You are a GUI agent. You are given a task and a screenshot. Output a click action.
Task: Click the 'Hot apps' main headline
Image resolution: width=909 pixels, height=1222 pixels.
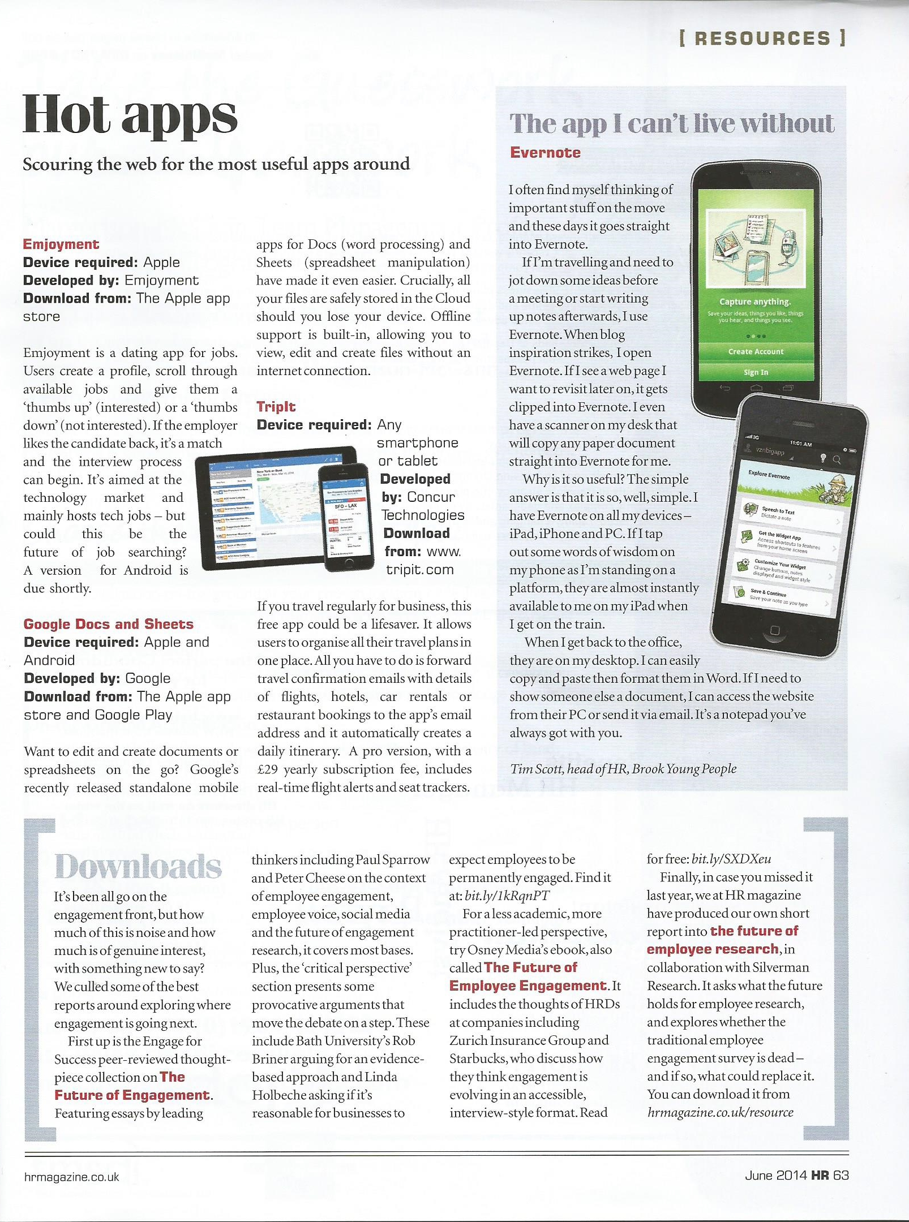[x=130, y=116]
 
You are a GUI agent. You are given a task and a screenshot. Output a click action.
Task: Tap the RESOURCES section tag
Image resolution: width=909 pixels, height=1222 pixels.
[x=762, y=38]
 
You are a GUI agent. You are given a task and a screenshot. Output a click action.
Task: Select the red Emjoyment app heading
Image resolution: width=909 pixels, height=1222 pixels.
[x=61, y=244]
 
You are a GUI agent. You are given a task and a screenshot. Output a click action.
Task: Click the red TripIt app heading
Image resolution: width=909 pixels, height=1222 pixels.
[x=276, y=406]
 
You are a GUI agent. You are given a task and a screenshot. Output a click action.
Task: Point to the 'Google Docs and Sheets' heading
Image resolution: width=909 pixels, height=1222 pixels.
[x=109, y=624]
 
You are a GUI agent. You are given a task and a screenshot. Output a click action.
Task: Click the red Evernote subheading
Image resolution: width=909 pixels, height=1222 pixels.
[x=545, y=153]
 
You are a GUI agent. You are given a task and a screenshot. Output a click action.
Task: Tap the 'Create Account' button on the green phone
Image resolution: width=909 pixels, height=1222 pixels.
[x=756, y=351]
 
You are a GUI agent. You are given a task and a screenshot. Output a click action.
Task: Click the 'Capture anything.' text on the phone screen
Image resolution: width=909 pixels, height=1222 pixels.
[x=755, y=302]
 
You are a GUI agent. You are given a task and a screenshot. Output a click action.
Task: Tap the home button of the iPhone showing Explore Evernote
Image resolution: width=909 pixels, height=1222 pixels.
[x=775, y=630]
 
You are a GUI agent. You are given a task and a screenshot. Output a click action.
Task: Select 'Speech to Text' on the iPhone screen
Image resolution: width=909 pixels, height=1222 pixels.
[x=778, y=510]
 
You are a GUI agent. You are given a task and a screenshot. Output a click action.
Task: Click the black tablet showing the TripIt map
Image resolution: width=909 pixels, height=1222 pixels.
[x=266, y=504]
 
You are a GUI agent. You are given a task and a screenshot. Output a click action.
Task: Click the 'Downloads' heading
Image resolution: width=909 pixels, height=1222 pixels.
[x=138, y=867]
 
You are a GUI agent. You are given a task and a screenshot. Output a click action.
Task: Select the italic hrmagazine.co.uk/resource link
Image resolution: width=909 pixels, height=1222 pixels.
[x=720, y=1112]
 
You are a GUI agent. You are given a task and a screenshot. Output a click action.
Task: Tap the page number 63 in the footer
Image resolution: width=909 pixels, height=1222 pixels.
[x=841, y=1175]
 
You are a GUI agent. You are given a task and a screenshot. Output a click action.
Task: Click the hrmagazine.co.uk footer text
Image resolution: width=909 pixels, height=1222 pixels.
[x=72, y=1177]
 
